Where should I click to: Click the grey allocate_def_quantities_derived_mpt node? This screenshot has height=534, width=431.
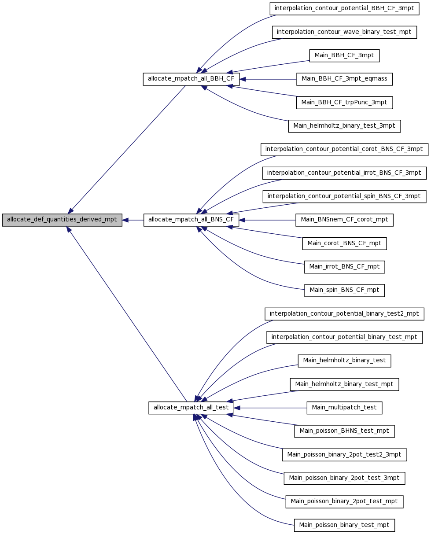point(62,220)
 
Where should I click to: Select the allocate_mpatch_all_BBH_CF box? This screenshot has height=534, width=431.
point(191,79)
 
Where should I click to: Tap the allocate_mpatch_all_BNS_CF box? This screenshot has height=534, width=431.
point(191,220)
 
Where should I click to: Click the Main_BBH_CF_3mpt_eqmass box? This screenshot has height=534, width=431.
point(344,79)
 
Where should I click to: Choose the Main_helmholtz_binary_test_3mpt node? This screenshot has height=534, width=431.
point(344,126)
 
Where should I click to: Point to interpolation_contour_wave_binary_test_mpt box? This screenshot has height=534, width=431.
point(344,32)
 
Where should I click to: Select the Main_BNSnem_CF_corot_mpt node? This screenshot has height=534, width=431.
point(344,220)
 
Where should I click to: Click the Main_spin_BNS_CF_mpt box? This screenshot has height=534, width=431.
point(344,290)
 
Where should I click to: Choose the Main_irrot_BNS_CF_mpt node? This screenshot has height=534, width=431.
point(344,267)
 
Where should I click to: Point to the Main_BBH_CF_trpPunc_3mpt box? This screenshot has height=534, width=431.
point(344,103)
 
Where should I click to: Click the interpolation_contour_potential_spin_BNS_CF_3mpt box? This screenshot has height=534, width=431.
point(344,196)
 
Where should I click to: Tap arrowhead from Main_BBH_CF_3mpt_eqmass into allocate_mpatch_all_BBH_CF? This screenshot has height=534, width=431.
point(243,79)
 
